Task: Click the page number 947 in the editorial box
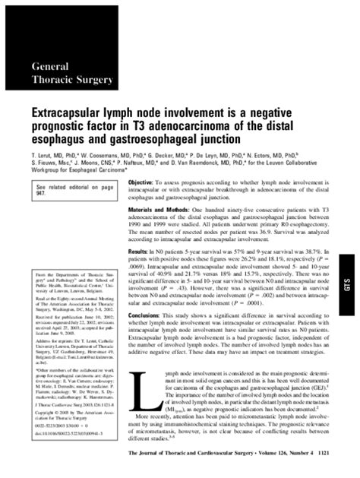coord(36,194)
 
